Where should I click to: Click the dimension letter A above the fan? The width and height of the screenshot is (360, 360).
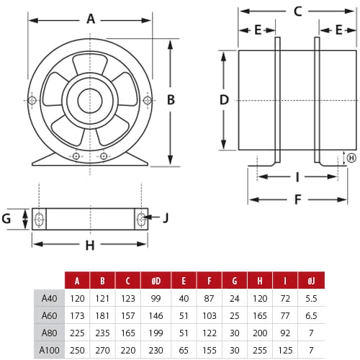tap(91, 19)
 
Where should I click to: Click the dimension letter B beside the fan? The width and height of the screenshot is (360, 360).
tap(171, 100)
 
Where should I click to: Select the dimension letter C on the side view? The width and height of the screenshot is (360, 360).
tap(297, 11)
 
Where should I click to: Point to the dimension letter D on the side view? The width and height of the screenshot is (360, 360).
tap(224, 99)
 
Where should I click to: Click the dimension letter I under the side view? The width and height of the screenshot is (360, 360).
tap(297, 176)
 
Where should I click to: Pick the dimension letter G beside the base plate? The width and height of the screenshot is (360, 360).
tap(7, 218)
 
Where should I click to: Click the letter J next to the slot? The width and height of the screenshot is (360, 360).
tap(165, 217)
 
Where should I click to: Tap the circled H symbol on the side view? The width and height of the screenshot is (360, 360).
tap(351, 158)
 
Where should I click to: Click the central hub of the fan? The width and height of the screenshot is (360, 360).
tap(91, 100)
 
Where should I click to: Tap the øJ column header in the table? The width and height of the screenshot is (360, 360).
tap(311, 281)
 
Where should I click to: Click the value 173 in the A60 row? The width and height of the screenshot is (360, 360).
tap(77, 315)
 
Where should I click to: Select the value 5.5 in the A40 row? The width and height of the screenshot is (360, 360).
tap(311, 297)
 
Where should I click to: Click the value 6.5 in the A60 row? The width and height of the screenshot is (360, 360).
tap(311, 315)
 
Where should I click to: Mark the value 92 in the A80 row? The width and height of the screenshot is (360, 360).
tap(287, 332)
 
